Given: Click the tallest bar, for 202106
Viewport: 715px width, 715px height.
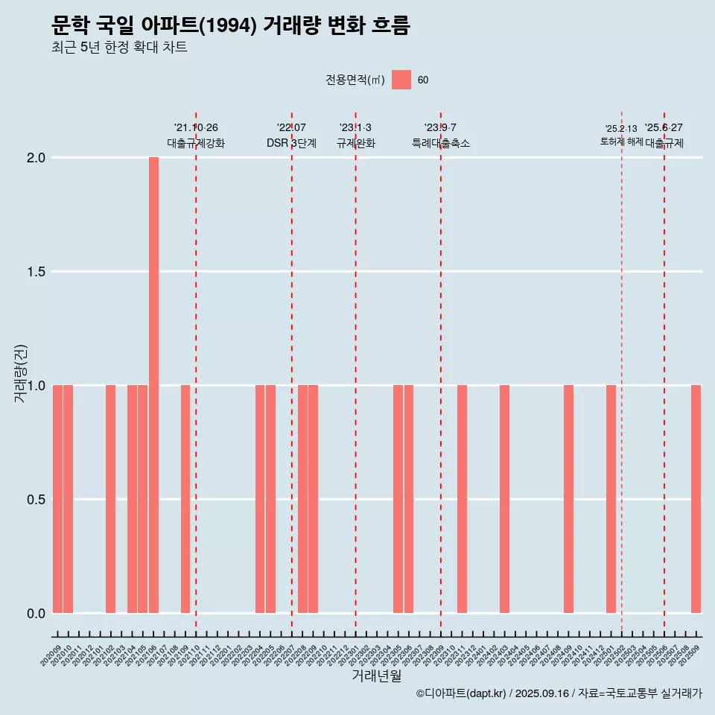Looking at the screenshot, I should click(x=153, y=385).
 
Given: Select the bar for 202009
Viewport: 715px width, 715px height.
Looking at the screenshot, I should click(x=57, y=499).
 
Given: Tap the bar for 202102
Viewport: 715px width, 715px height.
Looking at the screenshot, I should click(x=110, y=499).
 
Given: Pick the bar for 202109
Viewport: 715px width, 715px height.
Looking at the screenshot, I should click(x=185, y=499).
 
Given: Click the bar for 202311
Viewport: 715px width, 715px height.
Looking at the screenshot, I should click(x=462, y=499).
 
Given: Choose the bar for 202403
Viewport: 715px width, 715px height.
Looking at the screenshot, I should click(x=504, y=499).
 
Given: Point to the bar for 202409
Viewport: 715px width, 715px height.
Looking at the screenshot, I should click(x=568, y=499).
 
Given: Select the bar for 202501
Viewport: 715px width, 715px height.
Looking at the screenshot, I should click(x=611, y=499).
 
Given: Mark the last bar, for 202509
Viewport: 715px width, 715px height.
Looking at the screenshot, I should click(x=696, y=499).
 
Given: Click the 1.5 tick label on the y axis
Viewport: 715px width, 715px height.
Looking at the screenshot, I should click(x=35, y=272).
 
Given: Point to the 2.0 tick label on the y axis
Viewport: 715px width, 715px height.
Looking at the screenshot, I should click(x=35, y=158).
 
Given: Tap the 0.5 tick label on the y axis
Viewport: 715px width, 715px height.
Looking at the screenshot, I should click(x=35, y=499).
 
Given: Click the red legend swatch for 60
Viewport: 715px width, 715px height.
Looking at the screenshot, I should click(x=401, y=80).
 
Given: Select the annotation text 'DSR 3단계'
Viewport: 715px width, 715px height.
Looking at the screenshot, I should click(x=292, y=143).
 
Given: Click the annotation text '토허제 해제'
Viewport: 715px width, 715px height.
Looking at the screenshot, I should click(x=621, y=142).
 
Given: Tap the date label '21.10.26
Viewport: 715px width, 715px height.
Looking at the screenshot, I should click(x=196, y=127).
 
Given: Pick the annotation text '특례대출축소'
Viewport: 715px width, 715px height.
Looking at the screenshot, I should click(x=441, y=143).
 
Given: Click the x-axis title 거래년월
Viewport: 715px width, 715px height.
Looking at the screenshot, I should click(x=376, y=676).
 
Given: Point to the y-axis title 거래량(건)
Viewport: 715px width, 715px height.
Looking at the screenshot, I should click(x=20, y=373).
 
